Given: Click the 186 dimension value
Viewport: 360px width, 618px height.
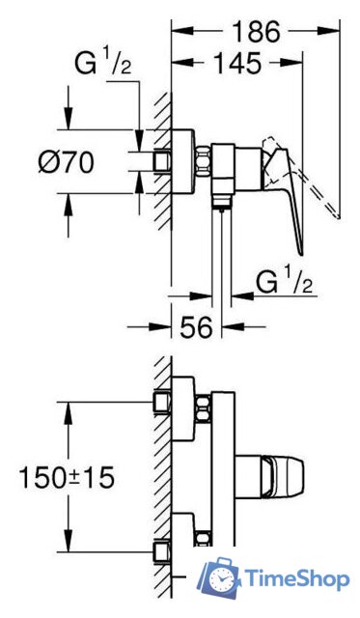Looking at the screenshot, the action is point(256,32).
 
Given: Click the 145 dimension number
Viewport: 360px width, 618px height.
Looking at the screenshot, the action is point(237,63).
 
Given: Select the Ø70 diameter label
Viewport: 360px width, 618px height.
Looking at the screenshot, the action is point(67,162).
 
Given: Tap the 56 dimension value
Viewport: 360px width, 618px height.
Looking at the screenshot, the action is point(196,326).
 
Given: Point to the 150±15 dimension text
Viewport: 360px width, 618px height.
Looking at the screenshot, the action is point(67,477).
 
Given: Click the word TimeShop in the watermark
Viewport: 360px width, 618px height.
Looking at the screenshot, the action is point(297,579).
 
